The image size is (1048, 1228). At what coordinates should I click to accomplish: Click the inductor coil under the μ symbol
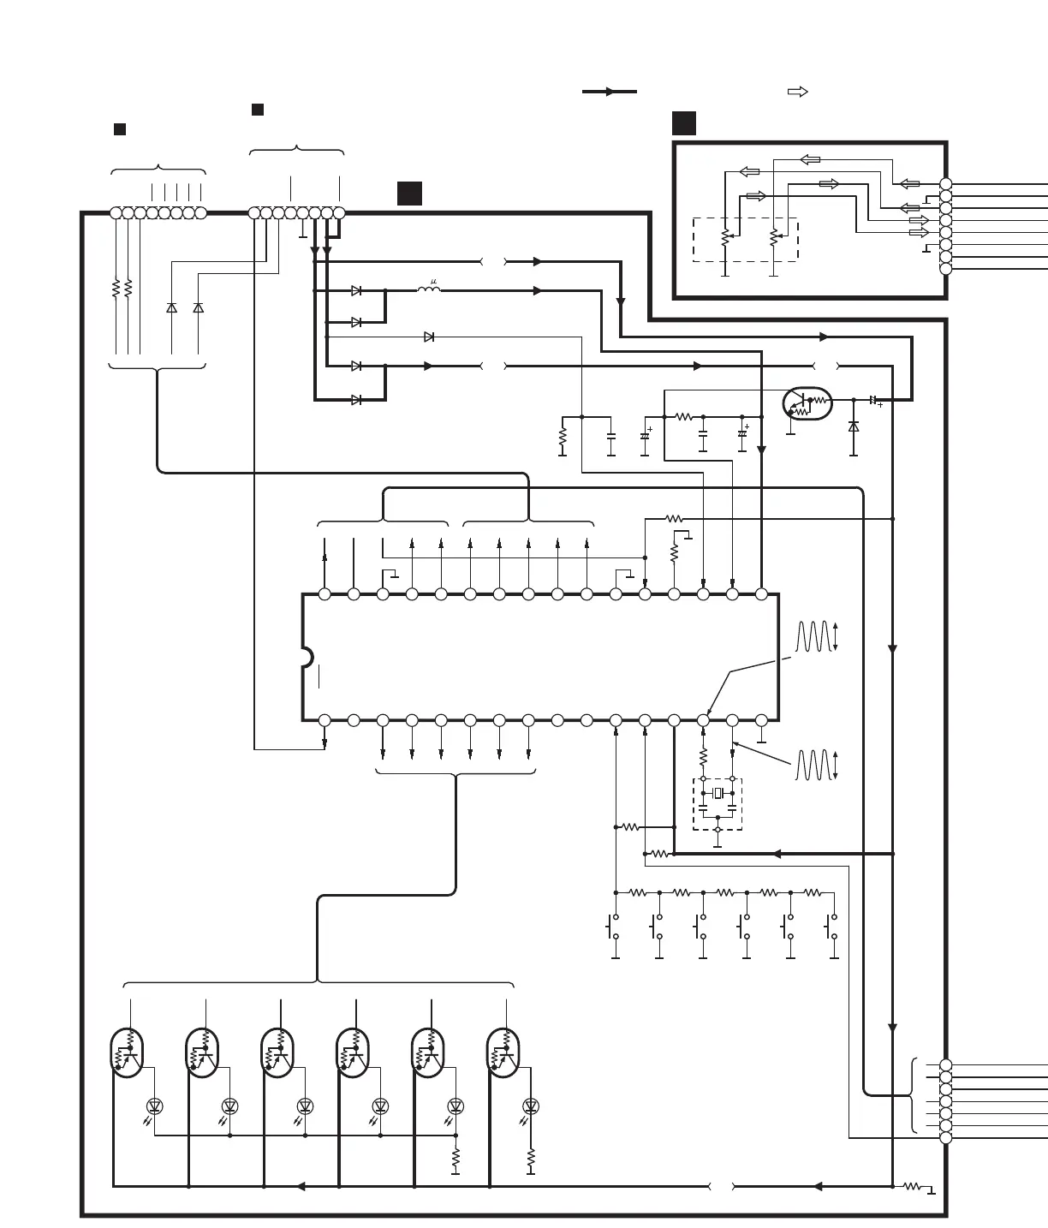point(429,290)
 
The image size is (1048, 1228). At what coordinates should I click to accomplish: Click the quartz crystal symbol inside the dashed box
point(718,793)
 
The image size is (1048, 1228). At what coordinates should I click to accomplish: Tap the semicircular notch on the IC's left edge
point(307,657)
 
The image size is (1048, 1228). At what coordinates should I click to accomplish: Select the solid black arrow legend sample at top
point(609,92)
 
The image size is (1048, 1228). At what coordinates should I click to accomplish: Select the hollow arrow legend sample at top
point(797,92)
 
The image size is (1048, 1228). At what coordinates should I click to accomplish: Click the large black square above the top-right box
point(684,123)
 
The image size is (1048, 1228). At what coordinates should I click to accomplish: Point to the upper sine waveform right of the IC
point(813,636)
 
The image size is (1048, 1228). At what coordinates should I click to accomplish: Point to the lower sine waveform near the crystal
point(813,766)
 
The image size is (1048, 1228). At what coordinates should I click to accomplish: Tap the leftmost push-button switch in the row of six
point(612,927)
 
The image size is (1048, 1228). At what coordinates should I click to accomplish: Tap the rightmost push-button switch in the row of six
point(831,927)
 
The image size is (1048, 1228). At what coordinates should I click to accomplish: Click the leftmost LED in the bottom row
point(155,1106)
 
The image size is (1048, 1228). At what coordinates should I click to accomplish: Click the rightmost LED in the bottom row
point(531,1106)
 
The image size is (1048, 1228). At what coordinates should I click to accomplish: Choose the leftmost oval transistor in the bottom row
point(127,1053)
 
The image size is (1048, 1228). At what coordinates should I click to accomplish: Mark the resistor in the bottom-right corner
point(913,1186)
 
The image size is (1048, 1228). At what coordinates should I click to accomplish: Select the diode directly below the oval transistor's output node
point(854,426)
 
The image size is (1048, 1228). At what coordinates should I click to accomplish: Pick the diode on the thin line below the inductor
point(429,337)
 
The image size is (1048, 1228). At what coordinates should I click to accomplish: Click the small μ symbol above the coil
point(434,282)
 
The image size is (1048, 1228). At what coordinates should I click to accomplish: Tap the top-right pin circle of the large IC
point(761,594)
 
